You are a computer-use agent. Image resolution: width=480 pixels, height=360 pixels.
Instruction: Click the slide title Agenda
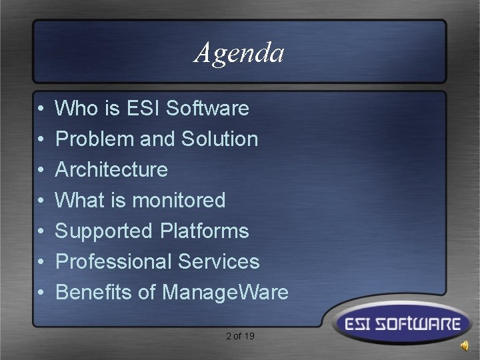coord(239,53)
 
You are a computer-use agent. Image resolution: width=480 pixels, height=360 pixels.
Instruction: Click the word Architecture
coord(111,169)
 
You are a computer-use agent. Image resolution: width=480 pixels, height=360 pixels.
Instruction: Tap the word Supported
coord(104,231)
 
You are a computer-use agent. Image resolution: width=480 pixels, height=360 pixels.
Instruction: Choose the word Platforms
coord(204,231)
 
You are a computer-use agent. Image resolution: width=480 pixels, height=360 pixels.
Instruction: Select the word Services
coord(219,261)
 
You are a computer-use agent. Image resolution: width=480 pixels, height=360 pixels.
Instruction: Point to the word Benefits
coord(96,292)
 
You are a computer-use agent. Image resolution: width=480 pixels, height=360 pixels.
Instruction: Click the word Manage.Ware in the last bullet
coord(225,293)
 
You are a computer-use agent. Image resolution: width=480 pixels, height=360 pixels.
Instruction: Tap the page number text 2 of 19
coord(240,336)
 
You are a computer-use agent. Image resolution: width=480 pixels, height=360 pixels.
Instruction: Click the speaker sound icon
coord(464,345)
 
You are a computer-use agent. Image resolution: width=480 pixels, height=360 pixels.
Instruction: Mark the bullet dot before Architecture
coord(41,170)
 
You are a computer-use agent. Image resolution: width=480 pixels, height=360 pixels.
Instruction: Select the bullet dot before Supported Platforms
coord(41,231)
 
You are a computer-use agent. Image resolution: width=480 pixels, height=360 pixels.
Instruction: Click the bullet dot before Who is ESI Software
coord(41,109)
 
